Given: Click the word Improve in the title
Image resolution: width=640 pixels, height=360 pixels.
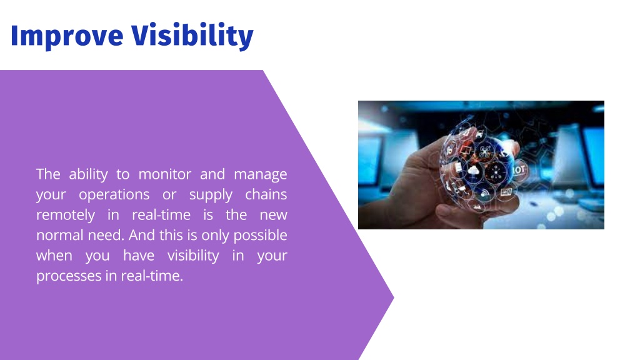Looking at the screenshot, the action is click(x=67, y=36).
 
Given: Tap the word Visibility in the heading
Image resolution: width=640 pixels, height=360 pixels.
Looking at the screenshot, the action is click(x=192, y=36).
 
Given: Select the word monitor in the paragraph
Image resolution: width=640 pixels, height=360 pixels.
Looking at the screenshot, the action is click(x=165, y=174).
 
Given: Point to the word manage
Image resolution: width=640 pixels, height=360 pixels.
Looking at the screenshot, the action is click(x=261, y=175).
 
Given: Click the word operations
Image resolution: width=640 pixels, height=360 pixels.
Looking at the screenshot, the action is click(x=114, y=195).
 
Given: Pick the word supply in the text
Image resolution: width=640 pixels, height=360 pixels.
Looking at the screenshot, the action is click(x=211, y=196).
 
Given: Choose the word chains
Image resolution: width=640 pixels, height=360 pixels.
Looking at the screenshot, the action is click(x=266, y=194).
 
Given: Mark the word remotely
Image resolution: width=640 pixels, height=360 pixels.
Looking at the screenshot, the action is click(x=66, y=216).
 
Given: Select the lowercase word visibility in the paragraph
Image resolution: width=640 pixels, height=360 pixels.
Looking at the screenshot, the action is click(x=193, y=256).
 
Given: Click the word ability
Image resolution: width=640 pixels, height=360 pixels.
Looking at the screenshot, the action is click(x=88, y=175).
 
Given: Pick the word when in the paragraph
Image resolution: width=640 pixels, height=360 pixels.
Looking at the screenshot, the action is click(x=54, y=256).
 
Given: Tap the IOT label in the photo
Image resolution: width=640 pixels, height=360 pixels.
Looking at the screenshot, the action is click(x=519, y=169).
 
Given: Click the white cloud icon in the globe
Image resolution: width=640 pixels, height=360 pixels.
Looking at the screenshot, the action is click(x=473, y=170).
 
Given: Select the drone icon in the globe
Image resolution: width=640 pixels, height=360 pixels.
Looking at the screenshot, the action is click(x=484, y=152).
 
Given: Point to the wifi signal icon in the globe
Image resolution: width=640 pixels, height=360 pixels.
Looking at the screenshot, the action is click(x=484, y=192).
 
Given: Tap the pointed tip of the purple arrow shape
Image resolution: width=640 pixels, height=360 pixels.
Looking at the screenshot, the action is click(x=394, y=298).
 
